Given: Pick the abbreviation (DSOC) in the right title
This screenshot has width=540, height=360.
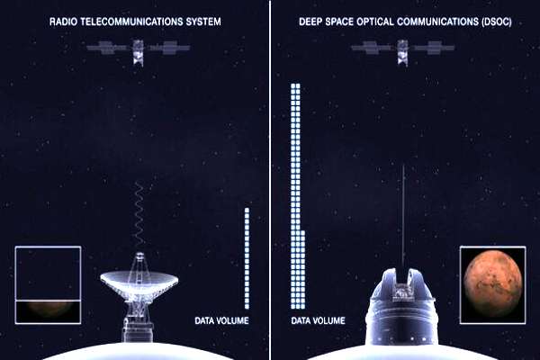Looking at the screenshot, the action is tap(495, 22).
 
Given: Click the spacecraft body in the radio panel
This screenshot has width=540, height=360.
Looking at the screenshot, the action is tap(138, 52).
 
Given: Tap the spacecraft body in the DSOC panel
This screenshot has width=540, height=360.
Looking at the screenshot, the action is tap(402, 52).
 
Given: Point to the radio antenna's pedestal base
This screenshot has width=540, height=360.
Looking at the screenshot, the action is tap(138, 329).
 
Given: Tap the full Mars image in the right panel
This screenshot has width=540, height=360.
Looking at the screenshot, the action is tap(493, 285).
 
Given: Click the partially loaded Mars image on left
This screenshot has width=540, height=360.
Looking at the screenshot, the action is tap(48, 285).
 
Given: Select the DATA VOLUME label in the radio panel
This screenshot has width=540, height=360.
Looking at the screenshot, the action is tap(221, 321).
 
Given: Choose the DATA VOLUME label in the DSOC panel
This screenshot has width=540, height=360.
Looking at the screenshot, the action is tap(318, 321).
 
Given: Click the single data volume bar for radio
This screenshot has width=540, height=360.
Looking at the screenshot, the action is tap(247, 258).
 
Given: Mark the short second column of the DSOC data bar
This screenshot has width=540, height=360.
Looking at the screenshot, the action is tap(302, 270).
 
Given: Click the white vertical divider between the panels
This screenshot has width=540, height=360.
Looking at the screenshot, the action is tap(270, 180).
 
